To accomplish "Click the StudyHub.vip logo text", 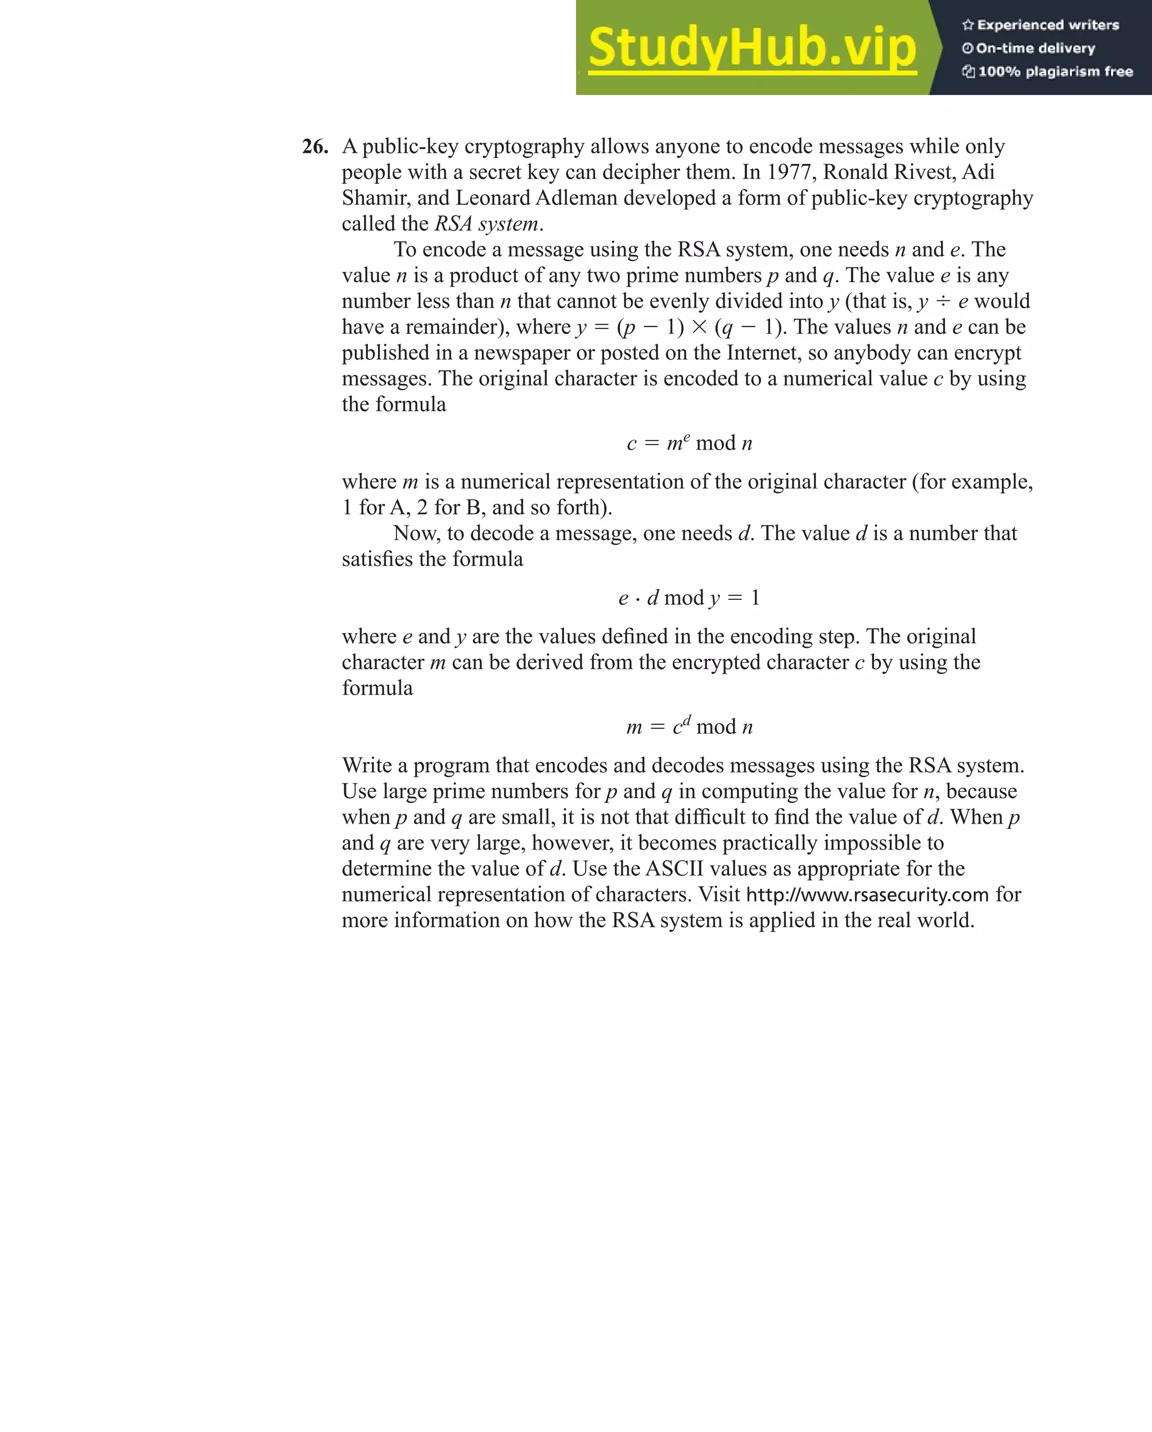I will coord(752,48).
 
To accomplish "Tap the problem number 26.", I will coord(315,147).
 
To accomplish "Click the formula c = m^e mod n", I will coord(689,442).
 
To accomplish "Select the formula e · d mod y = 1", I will coord(688,598).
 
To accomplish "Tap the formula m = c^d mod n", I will coord(689,726).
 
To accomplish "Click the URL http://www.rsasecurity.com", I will coord(867,895).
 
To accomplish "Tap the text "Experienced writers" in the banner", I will coord(1048,25).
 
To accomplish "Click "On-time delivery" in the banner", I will coord(1035,48).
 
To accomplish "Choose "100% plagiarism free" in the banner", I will coord(1055,71).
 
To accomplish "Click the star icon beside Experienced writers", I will coord(968,25).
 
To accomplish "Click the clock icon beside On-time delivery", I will coord(967,48).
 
